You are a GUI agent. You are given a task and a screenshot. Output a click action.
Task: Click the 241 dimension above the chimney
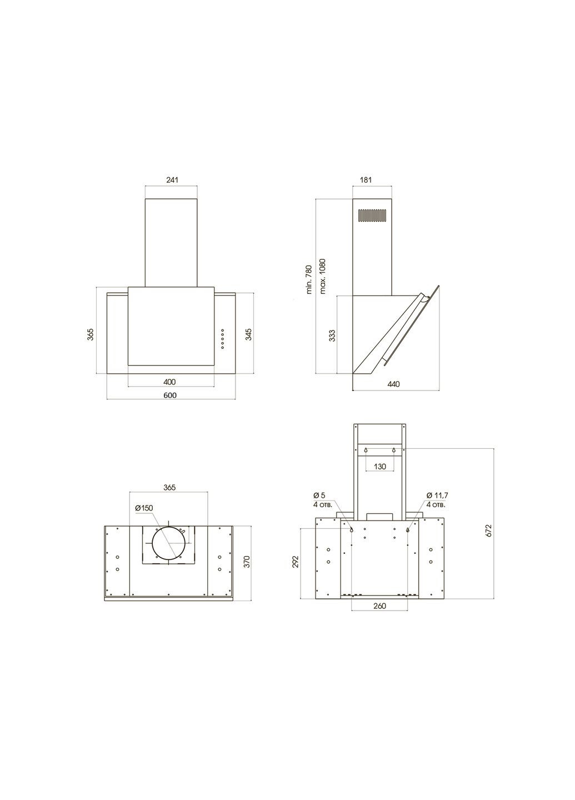(172, 179)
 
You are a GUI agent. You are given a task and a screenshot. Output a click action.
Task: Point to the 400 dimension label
(169, 382)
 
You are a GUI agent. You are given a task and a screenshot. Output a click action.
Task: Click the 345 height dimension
(248, 334)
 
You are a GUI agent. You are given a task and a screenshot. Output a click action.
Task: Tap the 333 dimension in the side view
(332, 336)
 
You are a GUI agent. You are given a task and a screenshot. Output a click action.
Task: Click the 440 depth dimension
(393, 384)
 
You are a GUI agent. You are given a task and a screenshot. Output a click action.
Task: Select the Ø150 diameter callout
(144, 508)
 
